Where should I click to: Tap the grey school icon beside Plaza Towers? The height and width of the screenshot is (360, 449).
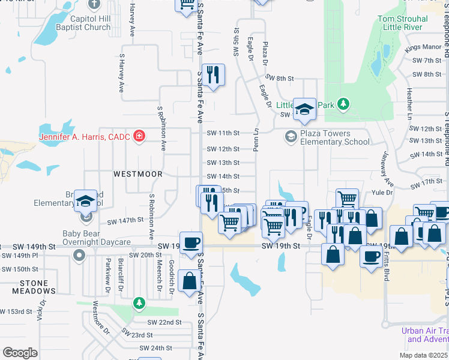click(x=291, y=137)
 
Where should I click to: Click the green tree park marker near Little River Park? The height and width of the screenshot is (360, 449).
click(x=343, y=105)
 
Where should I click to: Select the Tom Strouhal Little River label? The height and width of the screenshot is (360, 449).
click(x=402, y=23)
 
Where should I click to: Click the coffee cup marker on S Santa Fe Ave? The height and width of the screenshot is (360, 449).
click(x=191, y=242)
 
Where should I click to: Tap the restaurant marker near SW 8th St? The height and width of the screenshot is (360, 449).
click(x=213, y=74)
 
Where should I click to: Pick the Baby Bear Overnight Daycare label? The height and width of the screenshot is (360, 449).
click(x=97, y=238)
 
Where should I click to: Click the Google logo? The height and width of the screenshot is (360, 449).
click(x=20, y=353)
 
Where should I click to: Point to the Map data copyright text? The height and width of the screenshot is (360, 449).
click(x=423, y=355)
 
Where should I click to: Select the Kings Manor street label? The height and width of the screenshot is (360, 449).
click(x=423, y=47)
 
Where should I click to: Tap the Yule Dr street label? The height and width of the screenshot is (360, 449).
click(x=381, y=193)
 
